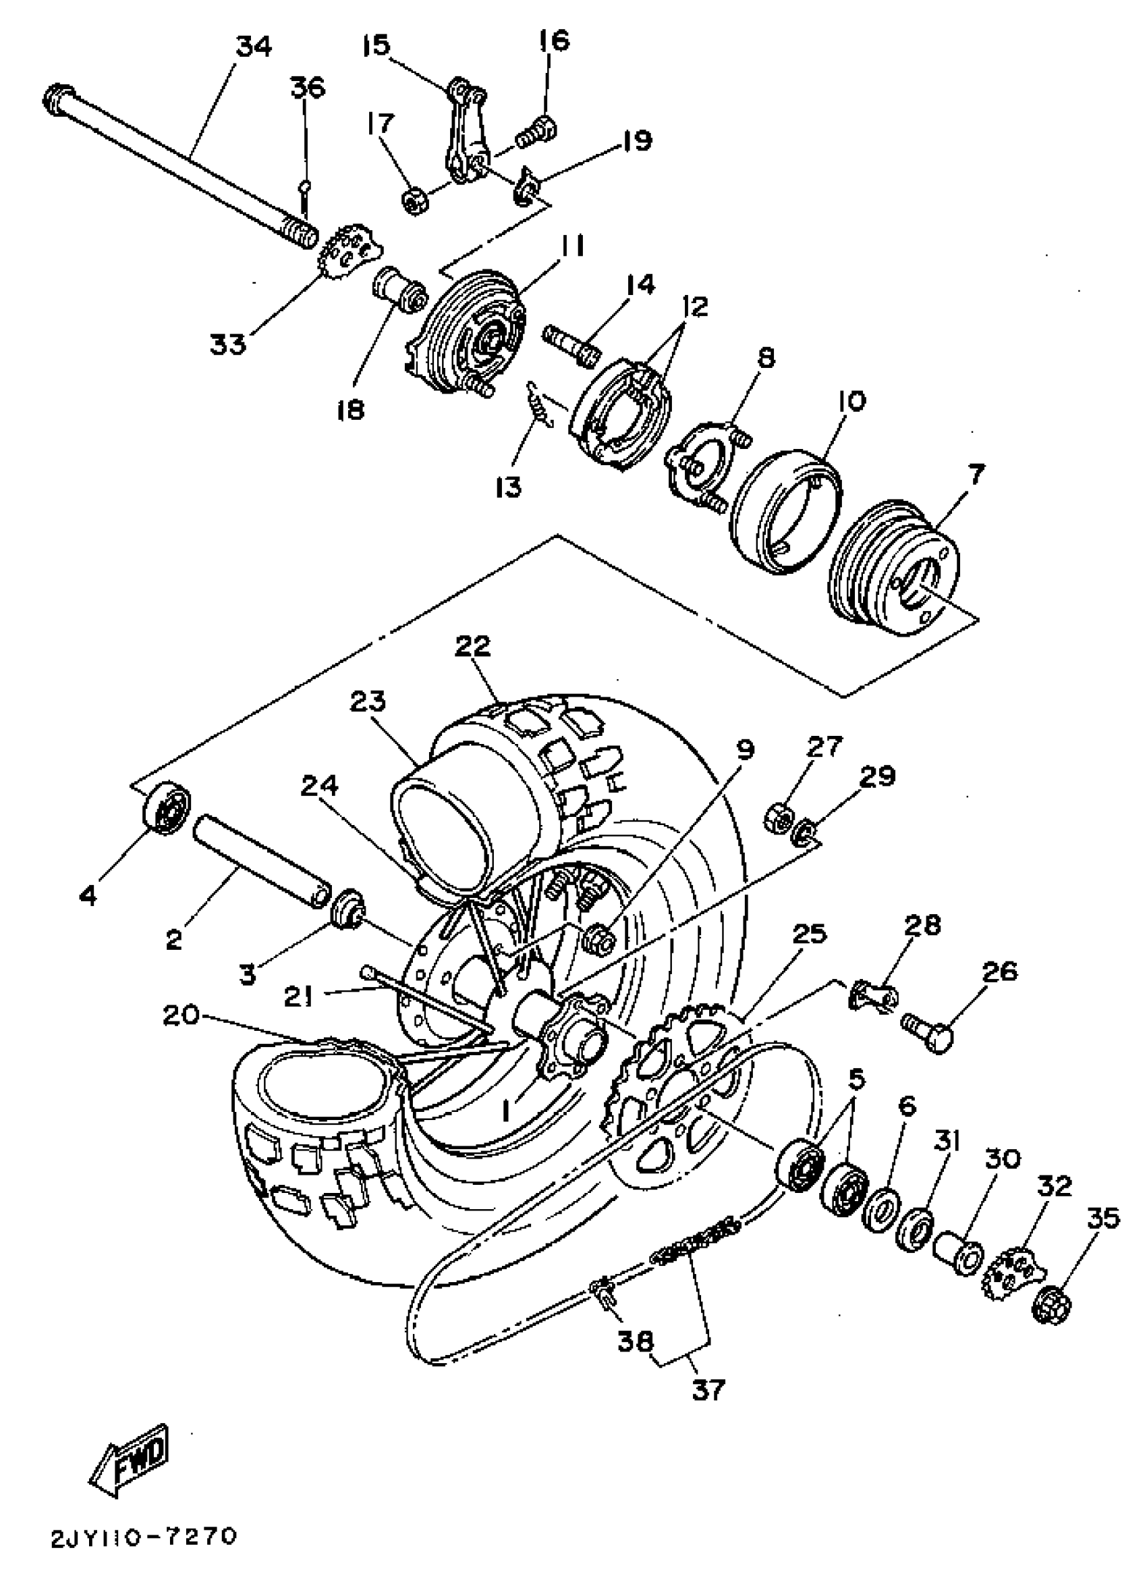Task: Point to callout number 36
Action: [307, 89]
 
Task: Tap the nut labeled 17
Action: [415, 201]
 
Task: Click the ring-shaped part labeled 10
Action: [788, 512]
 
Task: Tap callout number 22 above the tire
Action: [473, 646]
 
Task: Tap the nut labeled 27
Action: [780, 818]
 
